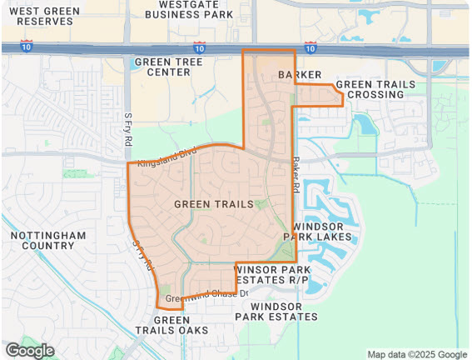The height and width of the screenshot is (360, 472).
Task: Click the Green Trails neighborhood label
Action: pos(214,203)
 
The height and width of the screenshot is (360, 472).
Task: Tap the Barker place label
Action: pos(300,75)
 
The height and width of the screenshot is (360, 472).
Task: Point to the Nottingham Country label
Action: pos(47,241)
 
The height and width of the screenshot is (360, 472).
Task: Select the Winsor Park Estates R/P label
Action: pos(272,275)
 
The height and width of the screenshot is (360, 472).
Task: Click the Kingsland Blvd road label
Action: pos(167,156)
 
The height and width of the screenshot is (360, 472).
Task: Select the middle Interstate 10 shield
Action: pos(199,47)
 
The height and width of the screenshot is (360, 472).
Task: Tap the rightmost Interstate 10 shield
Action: pos(311,47)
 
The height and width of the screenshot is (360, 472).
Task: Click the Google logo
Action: pos(29,350)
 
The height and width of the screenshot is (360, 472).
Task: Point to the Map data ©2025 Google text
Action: pos(418,354)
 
